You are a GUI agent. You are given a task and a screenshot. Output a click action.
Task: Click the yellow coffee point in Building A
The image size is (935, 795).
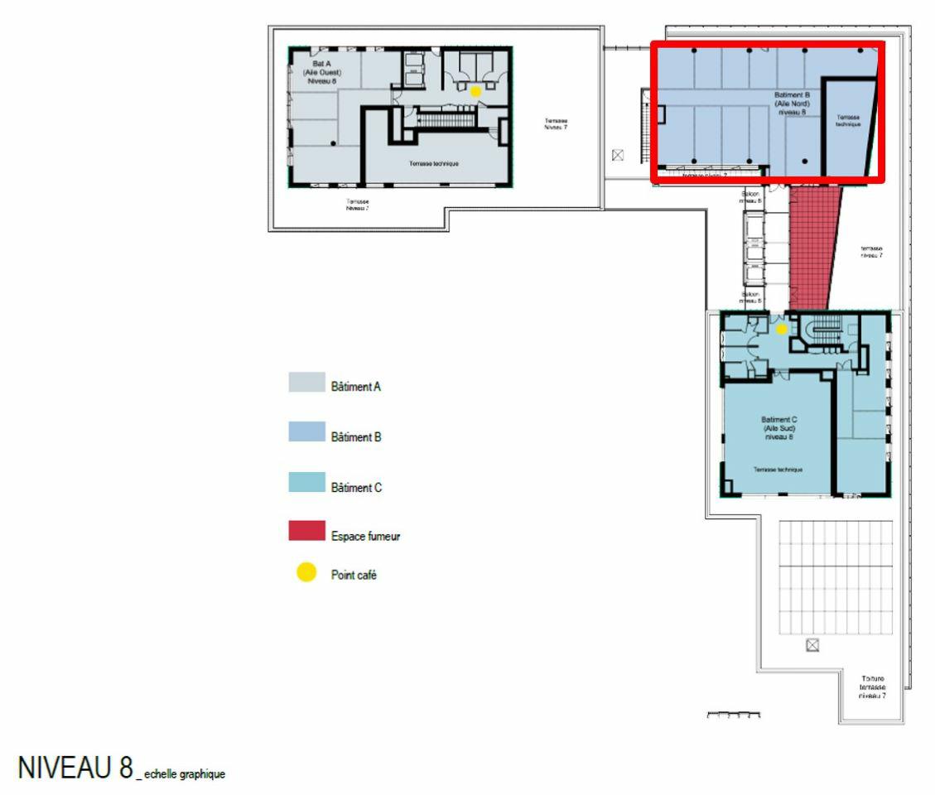[x=475, y=91]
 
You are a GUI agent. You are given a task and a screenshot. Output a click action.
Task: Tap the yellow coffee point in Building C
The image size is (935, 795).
[x=781, y=329]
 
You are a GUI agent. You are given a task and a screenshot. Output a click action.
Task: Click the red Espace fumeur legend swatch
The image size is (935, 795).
[x=306, y=531]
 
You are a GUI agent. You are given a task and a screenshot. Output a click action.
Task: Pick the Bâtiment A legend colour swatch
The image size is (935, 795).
[x=306, y=383]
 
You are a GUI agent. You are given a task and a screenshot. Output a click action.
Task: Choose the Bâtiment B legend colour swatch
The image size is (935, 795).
[x=306, y=432]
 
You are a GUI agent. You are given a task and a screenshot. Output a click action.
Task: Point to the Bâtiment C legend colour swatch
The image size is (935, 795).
[x=306, y=482]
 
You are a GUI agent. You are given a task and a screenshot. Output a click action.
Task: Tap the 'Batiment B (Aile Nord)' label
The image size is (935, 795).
[x=792, y=104]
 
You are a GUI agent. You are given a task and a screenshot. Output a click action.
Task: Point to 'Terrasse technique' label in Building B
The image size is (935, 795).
[x=847, y=121]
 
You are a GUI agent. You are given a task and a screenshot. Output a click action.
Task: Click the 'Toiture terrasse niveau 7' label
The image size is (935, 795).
[x=873, y=687]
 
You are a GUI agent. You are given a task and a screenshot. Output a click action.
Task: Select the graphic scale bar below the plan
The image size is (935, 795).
[x=734, y=713]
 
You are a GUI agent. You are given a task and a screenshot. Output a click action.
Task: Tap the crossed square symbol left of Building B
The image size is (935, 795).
[x=618, y=155]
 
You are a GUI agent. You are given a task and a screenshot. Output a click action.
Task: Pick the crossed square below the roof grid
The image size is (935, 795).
[x=812, y=644]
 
